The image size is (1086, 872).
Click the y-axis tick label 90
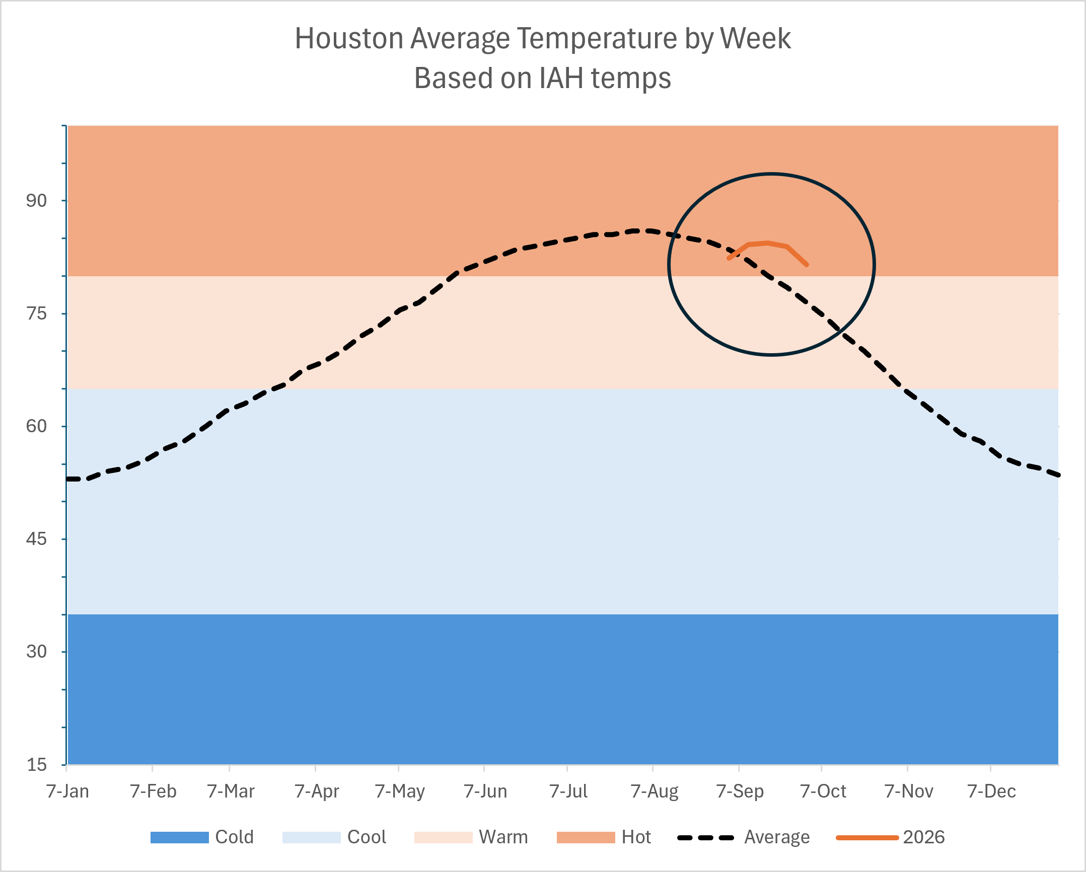36,201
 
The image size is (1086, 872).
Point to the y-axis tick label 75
36,313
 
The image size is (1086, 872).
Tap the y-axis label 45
36,539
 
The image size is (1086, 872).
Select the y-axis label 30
36,652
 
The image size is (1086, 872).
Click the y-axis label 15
36,765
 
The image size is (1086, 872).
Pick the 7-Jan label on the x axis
67,791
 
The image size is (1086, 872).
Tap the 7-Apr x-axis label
317,791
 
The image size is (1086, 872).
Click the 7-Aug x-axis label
655,791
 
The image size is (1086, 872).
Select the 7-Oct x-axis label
823,791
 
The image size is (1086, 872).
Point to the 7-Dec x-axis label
992,791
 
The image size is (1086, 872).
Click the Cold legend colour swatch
179,837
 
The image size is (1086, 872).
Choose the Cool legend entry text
367,837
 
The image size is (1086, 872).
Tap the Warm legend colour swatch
443,837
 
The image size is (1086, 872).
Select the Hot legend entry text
636,837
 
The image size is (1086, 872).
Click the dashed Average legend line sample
706,838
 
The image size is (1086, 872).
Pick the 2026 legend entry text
924,837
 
